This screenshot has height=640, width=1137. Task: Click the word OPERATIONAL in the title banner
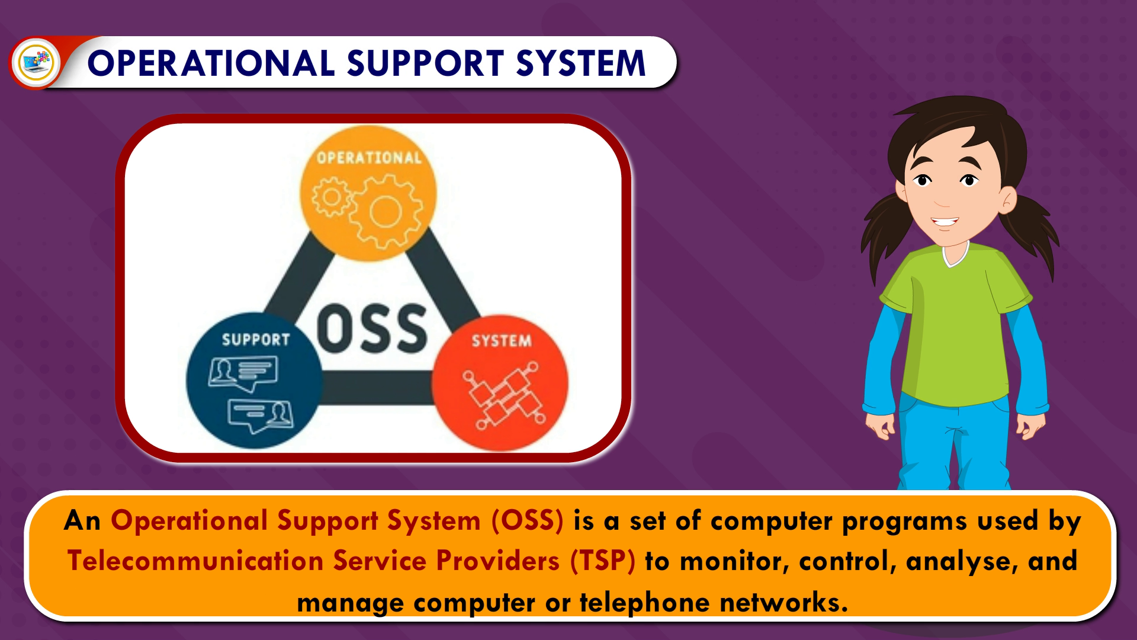tap(210, 63)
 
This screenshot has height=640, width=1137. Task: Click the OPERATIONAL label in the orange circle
tap(369, 158)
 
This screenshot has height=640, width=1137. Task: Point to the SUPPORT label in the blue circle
tap(256, 340)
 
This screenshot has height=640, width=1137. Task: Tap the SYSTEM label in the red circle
tap(501, 341)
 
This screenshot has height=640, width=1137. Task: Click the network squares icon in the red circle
tap(500, 396)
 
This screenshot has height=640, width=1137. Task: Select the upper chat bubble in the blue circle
tap(243, 373)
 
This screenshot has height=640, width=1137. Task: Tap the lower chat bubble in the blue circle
tap(260, 415)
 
